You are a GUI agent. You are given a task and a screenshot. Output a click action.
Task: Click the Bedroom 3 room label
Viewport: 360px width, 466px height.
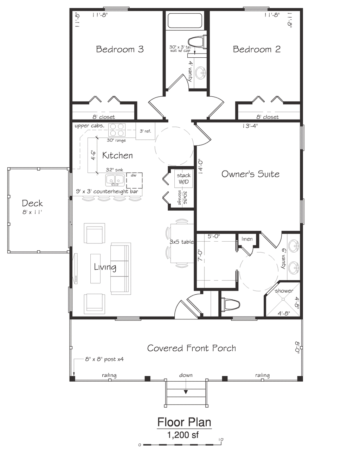pos(120,49)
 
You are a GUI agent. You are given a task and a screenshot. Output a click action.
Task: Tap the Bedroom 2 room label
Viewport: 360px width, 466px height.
pos(257,49)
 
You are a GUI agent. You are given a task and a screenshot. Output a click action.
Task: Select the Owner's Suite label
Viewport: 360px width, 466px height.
pos(250,174)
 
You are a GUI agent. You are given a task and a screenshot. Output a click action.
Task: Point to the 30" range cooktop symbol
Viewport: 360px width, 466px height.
pos(117,130)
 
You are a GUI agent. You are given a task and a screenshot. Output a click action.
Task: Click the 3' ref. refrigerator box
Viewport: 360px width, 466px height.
pos(145,131)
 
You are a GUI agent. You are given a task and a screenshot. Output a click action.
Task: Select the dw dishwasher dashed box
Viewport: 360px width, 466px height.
pos(134,180)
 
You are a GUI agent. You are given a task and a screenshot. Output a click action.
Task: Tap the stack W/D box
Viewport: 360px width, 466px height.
pos(184,179)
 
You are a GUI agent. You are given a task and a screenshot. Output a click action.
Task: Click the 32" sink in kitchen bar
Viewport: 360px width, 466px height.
pos(115,180)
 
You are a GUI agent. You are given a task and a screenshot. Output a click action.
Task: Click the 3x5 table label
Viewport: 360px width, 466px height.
pos(181,242)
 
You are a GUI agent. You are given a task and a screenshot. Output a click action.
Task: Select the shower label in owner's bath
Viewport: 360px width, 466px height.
pos(284,291)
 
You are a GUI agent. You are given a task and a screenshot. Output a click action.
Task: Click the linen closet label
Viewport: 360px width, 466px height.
pos(247,239)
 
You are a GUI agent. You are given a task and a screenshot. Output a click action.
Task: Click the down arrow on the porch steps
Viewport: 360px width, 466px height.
pos(186,391)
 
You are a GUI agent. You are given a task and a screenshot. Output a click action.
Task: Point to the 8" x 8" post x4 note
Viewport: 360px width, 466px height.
pos(104,359)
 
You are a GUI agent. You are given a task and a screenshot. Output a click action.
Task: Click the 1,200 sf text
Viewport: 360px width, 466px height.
pos(183,435)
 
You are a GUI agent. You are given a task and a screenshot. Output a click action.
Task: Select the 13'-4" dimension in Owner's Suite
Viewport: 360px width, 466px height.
pos(250,126)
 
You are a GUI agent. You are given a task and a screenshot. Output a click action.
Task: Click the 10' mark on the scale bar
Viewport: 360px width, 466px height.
pos(221,440)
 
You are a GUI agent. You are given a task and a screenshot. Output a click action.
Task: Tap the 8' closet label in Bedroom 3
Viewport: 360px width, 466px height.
pos(103,117)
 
